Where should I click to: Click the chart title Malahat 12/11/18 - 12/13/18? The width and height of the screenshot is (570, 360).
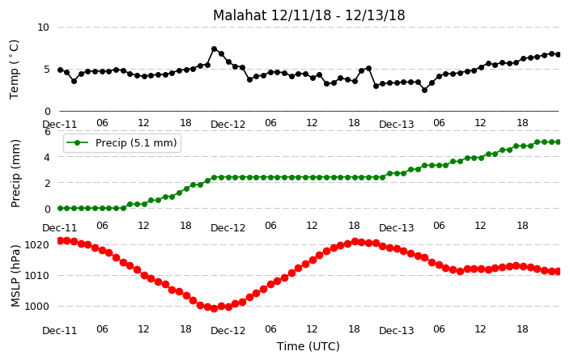click(x=308, y=15)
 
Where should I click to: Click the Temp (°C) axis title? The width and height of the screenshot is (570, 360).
click(x=14, y=70)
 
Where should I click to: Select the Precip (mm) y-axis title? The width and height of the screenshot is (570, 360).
click(x=15, y=173)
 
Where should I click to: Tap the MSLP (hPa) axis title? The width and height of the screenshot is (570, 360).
click(x=15, y=275)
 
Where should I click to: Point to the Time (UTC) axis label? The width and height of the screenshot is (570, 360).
click(x=308, y=346)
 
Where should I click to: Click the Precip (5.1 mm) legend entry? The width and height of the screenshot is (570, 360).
click(x=122, y=142)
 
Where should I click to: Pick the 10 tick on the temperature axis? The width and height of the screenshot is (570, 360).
click(x=43, y=28)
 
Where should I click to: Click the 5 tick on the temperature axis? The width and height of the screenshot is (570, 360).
click(x=46, y=69)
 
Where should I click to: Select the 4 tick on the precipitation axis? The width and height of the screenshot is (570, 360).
click(x=48, y=157)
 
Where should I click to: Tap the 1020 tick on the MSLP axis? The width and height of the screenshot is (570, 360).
click(x=36, y=245)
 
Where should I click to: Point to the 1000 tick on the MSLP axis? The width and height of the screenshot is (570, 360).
click(x=36, y=307)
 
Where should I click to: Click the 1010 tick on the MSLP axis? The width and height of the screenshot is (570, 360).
click(x=36, y=276)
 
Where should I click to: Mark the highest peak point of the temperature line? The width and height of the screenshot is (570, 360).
click(x=214, y=49)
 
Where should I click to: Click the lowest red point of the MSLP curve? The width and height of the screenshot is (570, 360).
click(x=214, y=308)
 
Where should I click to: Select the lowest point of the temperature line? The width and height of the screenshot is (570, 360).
click(x=424, y=90)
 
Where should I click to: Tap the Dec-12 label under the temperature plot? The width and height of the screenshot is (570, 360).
click(x=228, y=125)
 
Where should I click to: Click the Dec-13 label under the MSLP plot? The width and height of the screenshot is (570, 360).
click(x=396, y=331)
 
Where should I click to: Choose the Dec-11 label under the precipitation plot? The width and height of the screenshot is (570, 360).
click(x=60, y=228)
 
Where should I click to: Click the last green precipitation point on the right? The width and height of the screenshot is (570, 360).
click(x=558, y=142)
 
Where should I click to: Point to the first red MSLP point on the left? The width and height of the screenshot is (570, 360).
click(x=61, y=240)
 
